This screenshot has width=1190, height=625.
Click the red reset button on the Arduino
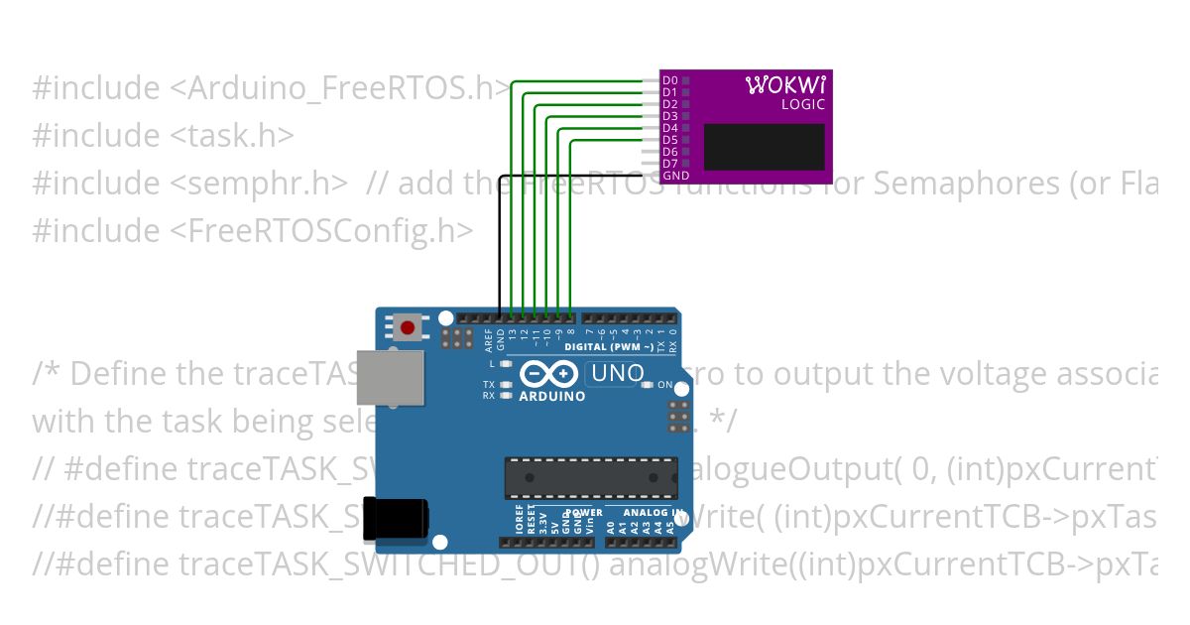(x=407, y=326)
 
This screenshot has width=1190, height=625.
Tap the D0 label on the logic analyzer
(x=670, y=80)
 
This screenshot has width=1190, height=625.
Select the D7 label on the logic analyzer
(x=670, y=164)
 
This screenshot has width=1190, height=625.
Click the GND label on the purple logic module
(x=675, y=176)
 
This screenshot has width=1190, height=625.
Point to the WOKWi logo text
(x=784, y=85)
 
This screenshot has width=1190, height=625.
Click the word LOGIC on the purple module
(x=802, y=104)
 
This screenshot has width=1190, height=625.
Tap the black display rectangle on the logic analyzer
(x=764, y=147)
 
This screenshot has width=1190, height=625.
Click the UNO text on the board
(x=617, y=374)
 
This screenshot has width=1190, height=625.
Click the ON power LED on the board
(x=649, y=385)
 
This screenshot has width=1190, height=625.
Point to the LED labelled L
(x=506, y=364)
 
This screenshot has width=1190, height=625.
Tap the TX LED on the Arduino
(x=506, y=384)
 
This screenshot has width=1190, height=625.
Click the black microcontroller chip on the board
(x=590, y=476)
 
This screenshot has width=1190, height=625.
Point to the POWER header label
(x=583, y=513)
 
